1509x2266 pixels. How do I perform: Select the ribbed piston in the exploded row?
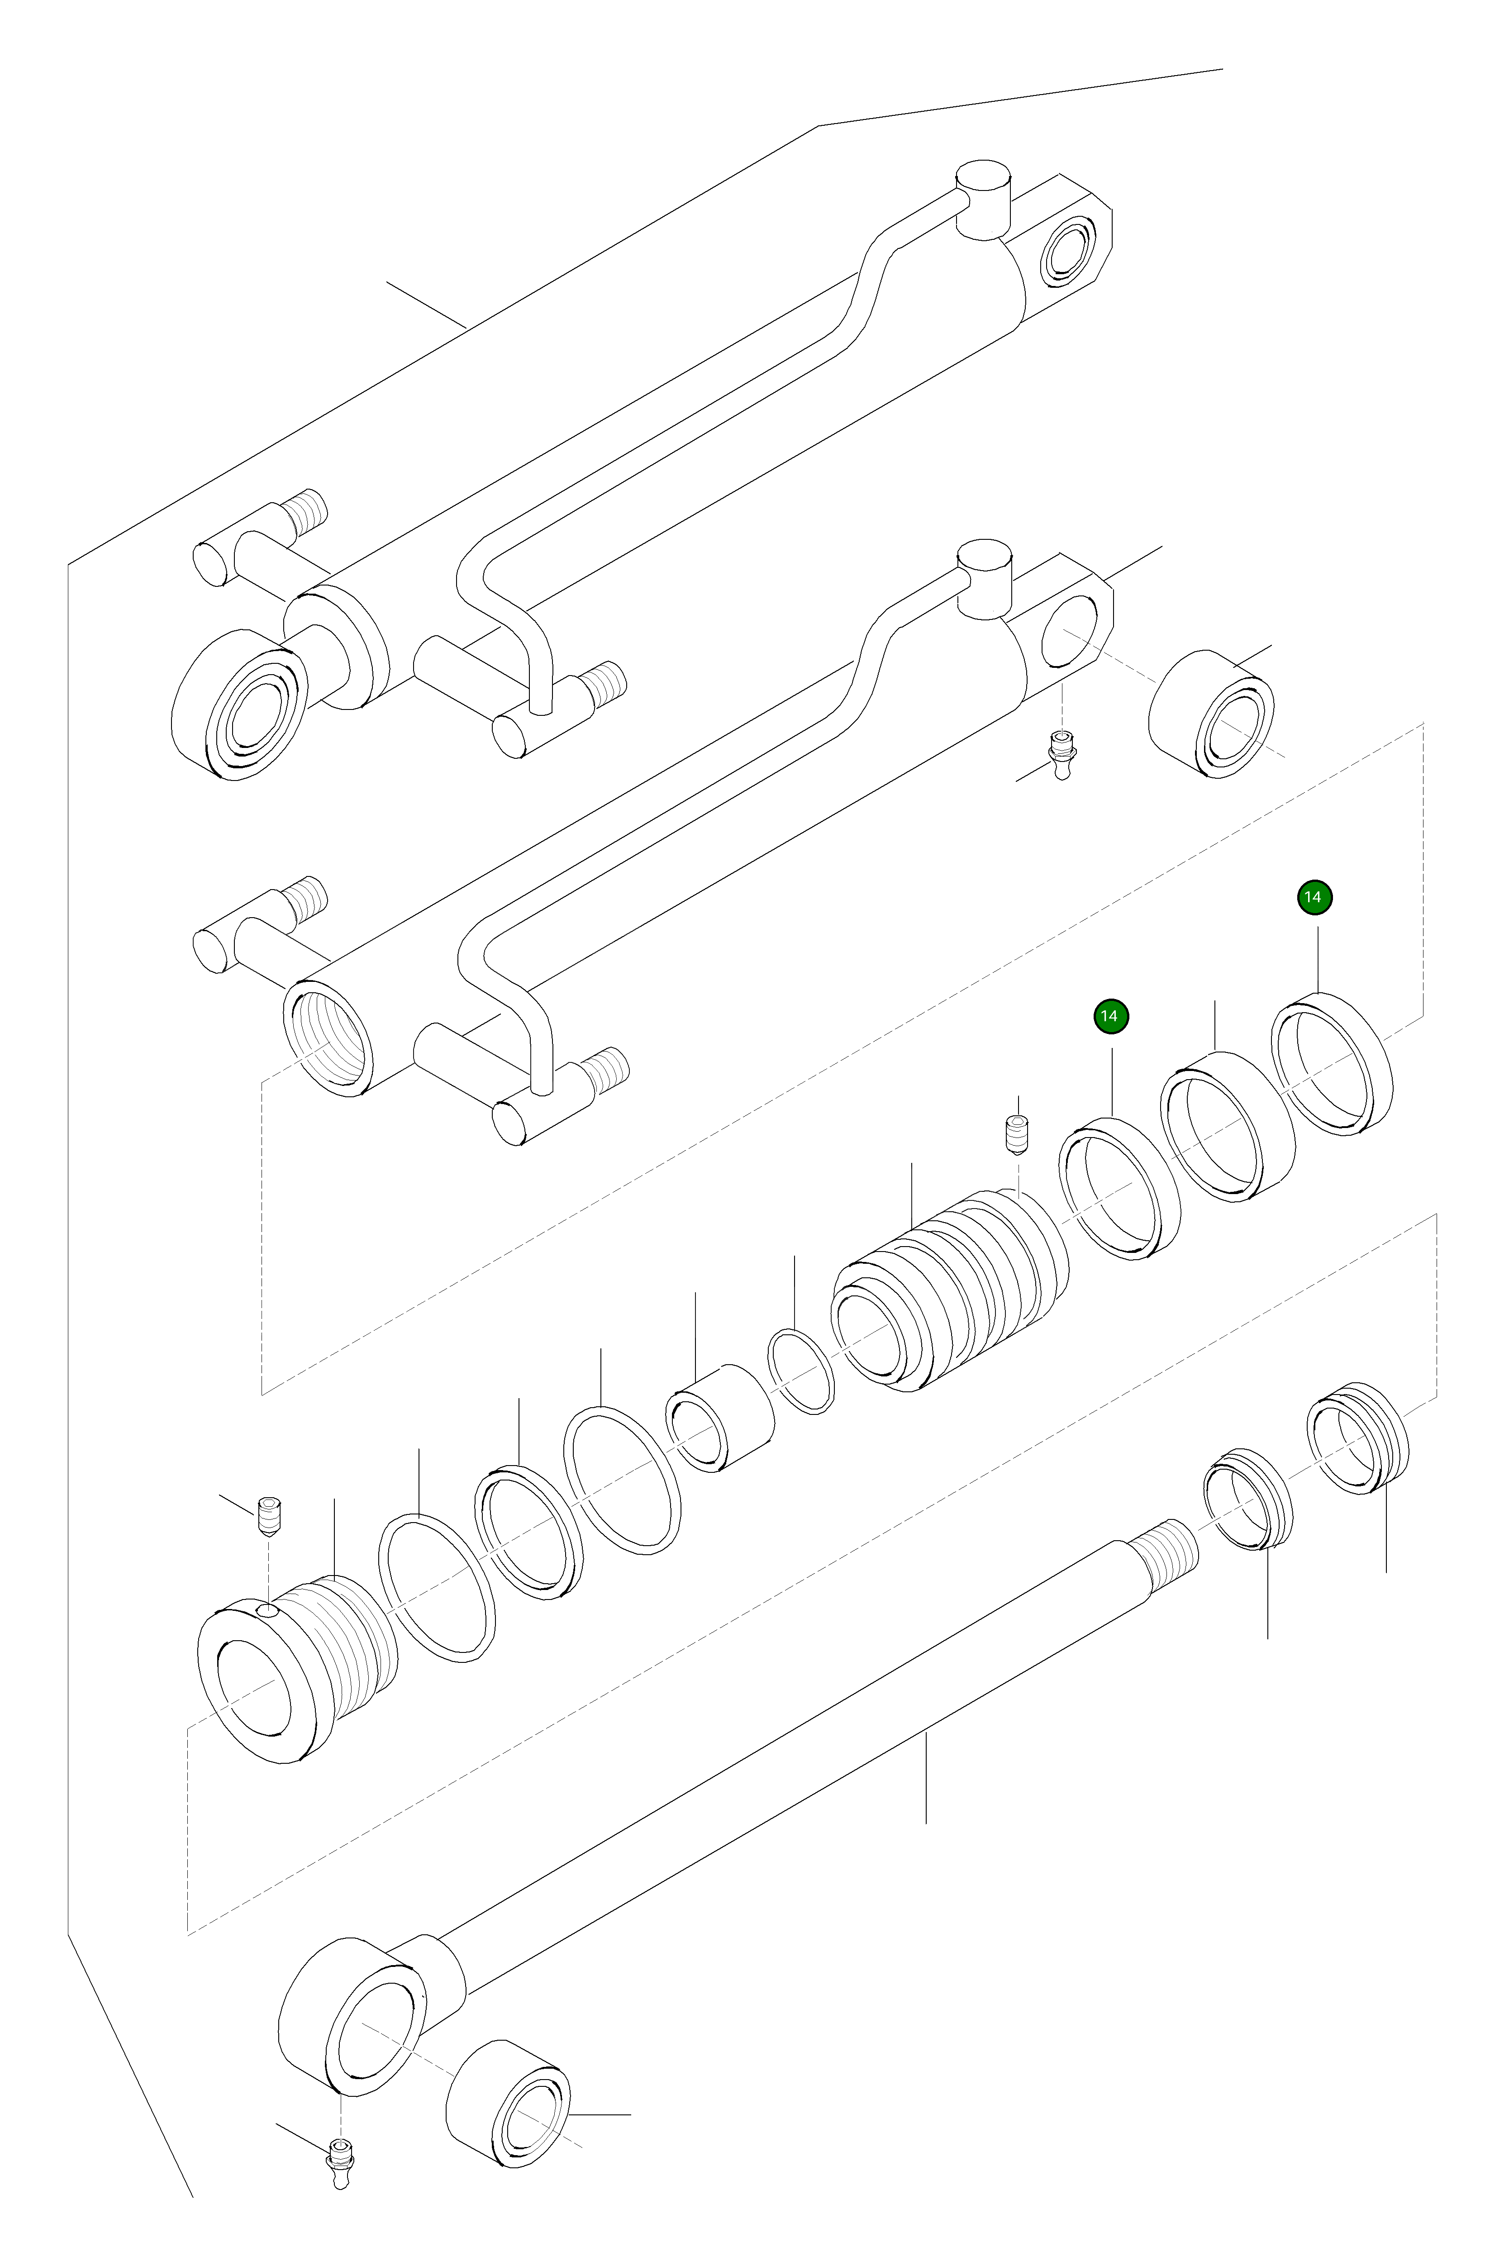948,1290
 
